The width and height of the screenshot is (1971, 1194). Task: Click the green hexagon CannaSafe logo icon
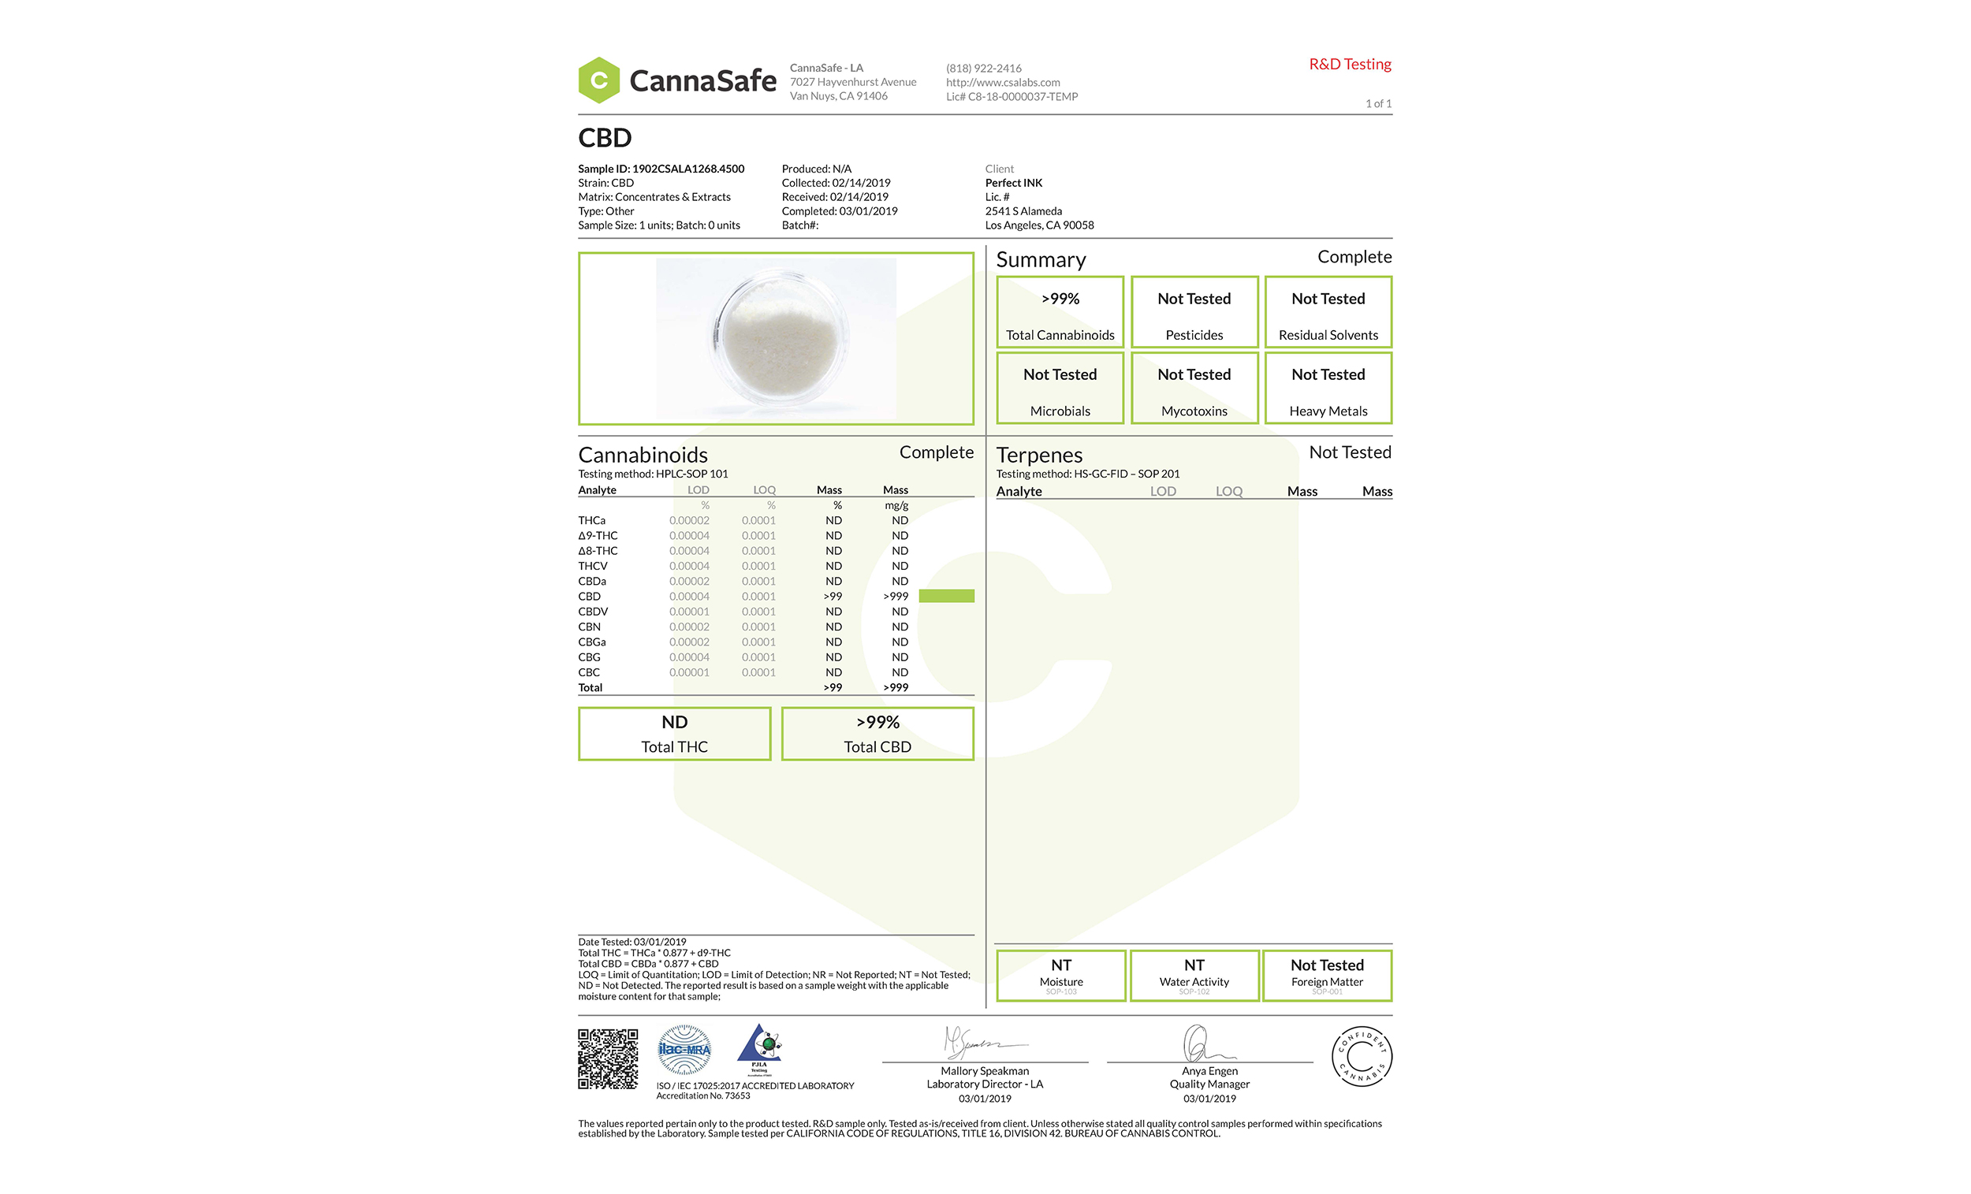598,80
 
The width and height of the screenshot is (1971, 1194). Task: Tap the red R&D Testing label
1350,64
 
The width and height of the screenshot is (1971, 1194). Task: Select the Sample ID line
661,169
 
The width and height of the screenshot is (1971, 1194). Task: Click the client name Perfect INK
1014,183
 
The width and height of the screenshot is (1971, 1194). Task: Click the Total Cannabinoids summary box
1060,312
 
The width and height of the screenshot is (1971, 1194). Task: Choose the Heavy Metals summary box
1328,389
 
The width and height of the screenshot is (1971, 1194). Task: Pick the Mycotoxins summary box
1194,389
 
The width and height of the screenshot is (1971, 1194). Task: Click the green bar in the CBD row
946,596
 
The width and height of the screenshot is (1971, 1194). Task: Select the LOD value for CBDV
689,612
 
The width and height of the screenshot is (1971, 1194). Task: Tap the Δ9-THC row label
598,536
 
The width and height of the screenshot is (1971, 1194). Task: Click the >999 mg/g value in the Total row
895,688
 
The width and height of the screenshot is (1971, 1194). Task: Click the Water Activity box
1194,975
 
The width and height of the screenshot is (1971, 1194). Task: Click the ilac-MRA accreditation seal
684,1049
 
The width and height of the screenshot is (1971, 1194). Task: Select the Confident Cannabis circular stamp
1362,1055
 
